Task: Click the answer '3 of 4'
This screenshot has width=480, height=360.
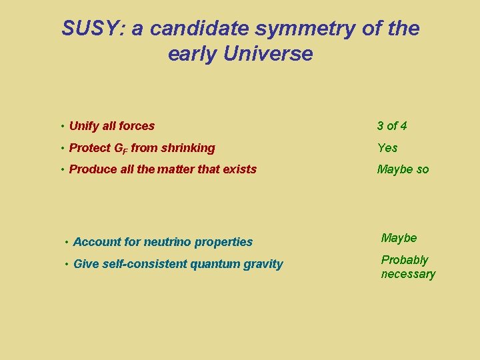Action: click(392, 126)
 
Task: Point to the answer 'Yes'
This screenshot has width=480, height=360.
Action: click(387, 148)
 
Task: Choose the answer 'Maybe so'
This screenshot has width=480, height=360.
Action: click(403, 169)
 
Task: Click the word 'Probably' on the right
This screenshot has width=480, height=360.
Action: click(405, 260)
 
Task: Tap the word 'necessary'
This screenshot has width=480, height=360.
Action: click(408, 274)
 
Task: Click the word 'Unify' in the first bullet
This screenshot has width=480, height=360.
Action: click(84, 126)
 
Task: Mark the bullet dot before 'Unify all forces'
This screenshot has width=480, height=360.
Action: click(61, 126)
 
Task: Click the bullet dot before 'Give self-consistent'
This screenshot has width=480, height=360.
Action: click(66, 264)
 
